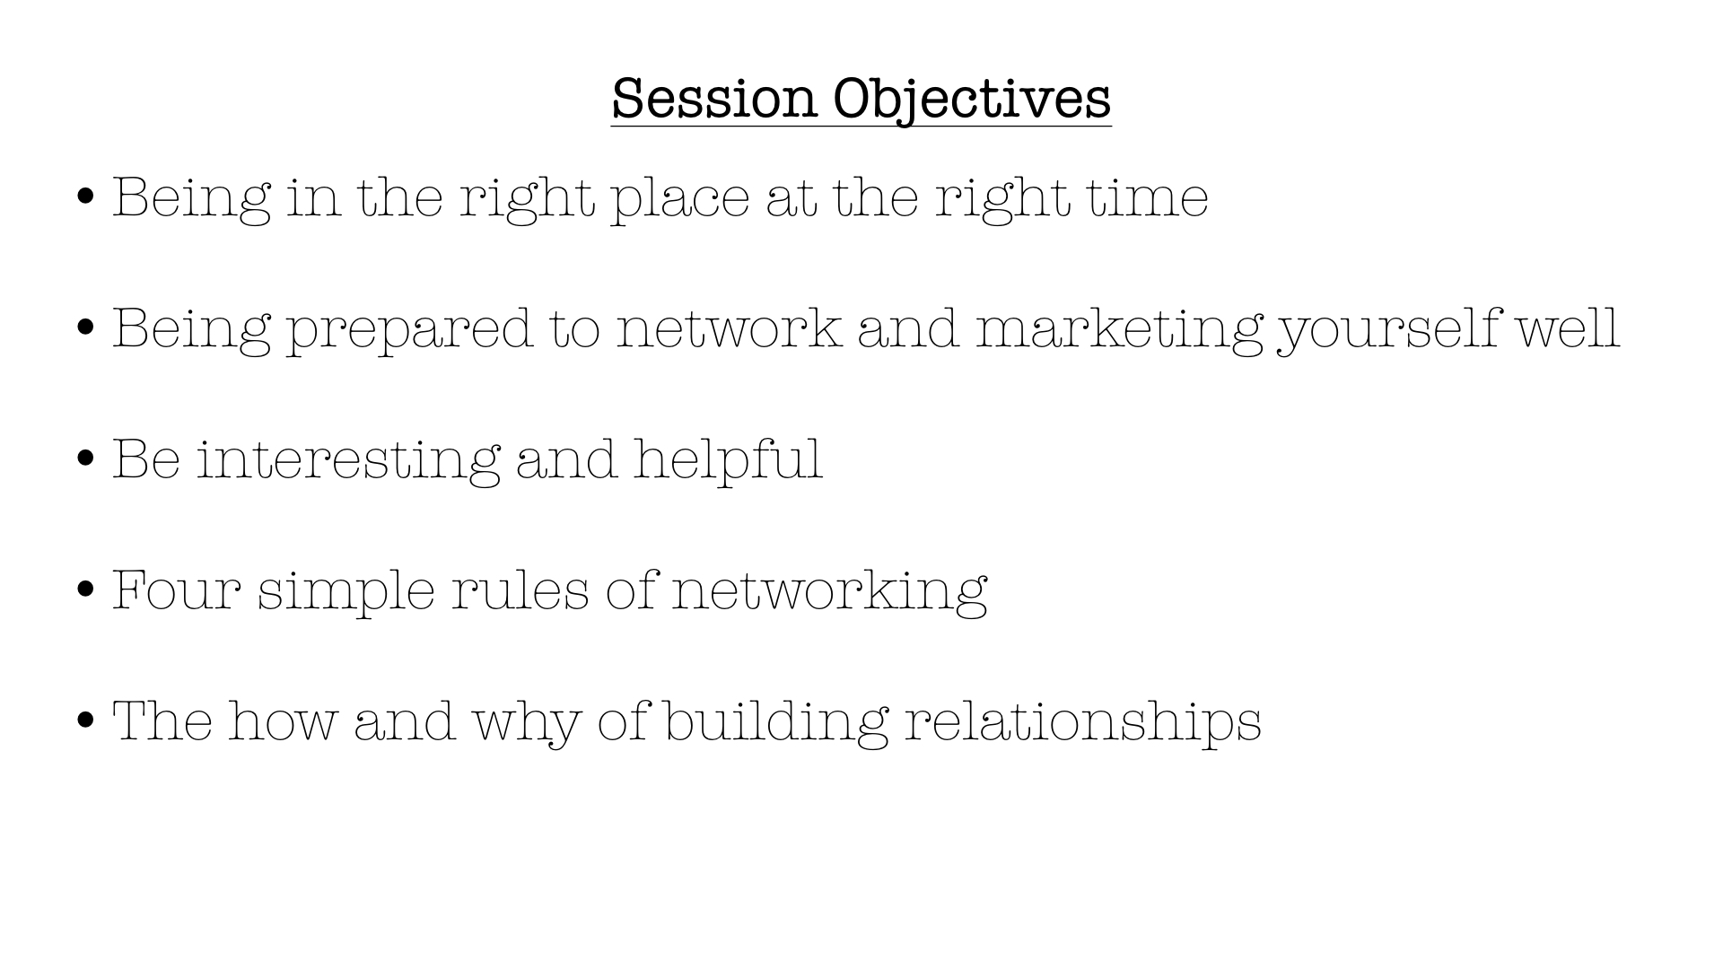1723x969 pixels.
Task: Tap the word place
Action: point(679,198)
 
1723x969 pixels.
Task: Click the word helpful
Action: point(728,459)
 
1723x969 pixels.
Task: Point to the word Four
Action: point(177,590)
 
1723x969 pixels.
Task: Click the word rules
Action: point(520,589)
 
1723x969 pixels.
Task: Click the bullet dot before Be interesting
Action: point(86,458)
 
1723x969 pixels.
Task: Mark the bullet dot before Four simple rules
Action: point(86,589)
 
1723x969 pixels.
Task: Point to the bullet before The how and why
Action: point(86,720)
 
